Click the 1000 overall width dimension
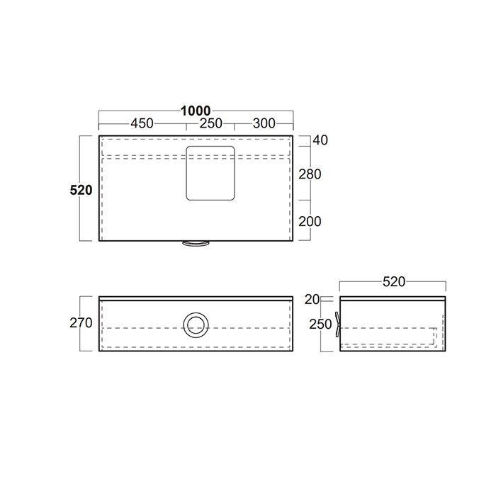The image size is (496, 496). click(x=196, y=111)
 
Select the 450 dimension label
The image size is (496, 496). click(x=142, y=123)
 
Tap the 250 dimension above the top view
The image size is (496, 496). click(x=210, y=123)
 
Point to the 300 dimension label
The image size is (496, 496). click(x=264, y=123)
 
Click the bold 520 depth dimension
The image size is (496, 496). click(x=81, y=190)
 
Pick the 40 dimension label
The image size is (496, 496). click(x=320, y=140)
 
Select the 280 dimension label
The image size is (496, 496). click(x=310, y=174)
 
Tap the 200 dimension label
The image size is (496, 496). click(x=310, y=222)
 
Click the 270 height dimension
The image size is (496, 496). click(x=81, y=323)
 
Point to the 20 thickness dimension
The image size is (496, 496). click(x=312, y=300)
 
